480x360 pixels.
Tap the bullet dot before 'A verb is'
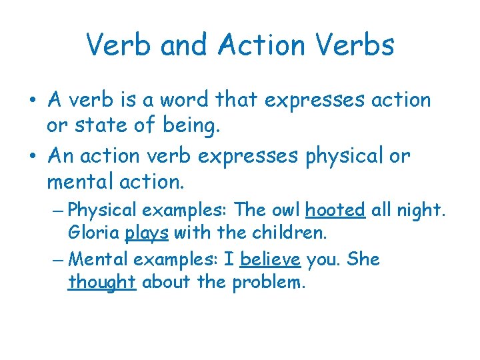(x=33, y=101)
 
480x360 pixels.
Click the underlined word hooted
(x=335, y=210)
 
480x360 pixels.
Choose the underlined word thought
(x=102, y=282)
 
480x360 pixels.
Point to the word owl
(x=285, y=210)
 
